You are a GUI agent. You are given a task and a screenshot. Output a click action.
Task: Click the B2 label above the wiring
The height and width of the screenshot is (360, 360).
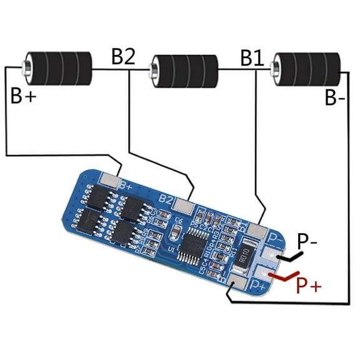pyautogui.click(x=123, y=56)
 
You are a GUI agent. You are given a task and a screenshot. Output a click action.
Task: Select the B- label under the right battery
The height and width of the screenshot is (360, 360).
pyautogui.click(x=336, y=98)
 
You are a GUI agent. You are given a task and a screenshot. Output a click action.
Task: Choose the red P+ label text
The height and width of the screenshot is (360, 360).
pyautogui.click(x=308, y=286)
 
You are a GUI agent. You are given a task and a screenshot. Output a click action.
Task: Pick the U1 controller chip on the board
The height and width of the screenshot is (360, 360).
pyautogui.click(x=187, y=245)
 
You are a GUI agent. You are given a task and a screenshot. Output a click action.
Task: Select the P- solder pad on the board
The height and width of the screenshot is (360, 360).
pyautogui.click(x=269, y=254)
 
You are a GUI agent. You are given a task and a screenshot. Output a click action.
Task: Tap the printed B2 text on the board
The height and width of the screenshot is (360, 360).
pyautogui.click(x=166, y=198)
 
